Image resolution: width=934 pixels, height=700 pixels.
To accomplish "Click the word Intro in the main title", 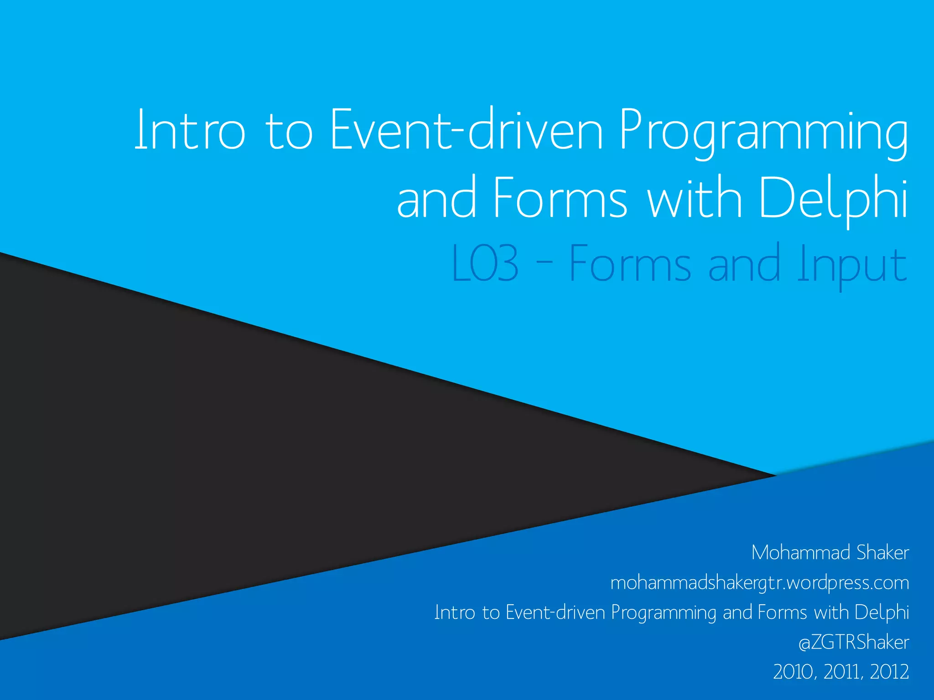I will [x=190, y=131].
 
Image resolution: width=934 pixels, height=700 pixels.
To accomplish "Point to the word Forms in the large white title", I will [x=560, y=199].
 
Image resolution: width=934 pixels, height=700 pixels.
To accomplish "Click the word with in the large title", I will [x=695, y=199].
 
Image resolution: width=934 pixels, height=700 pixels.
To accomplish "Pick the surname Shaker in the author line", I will [x=882, y=552].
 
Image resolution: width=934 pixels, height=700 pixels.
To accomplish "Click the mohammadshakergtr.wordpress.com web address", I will [x=759, y=583].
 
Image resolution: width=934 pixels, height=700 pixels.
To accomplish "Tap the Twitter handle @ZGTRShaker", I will [x=853, y=642].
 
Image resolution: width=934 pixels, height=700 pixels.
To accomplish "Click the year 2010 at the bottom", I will [x=794, y=672].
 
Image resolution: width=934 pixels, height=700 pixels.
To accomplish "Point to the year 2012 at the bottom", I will [x=889, y=672].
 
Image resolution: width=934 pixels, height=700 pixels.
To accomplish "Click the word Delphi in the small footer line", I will [x=882, y=612].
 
